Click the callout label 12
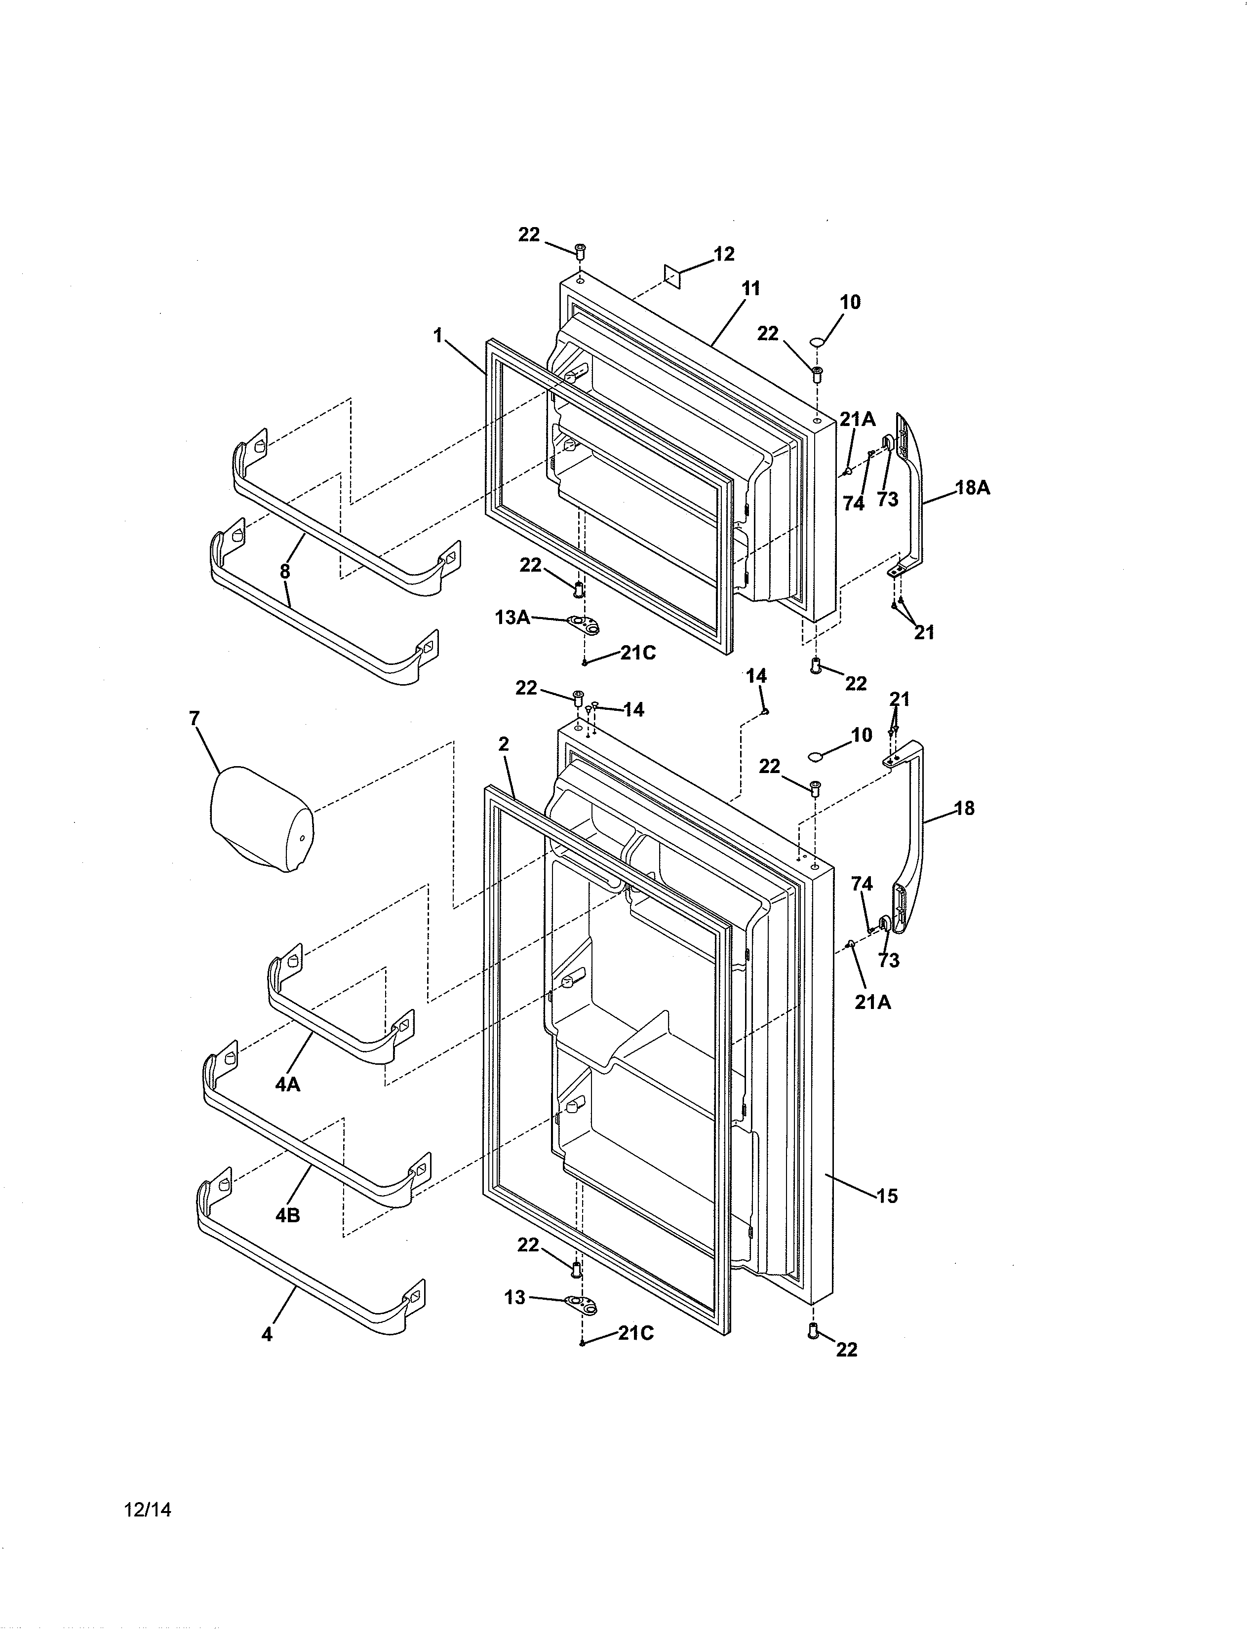point(723,254)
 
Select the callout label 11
point(750,289)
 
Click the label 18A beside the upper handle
point(973,489)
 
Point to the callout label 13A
point(512,618)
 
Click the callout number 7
point(194,719)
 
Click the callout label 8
point(285,572)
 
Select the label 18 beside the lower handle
point(964,809)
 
